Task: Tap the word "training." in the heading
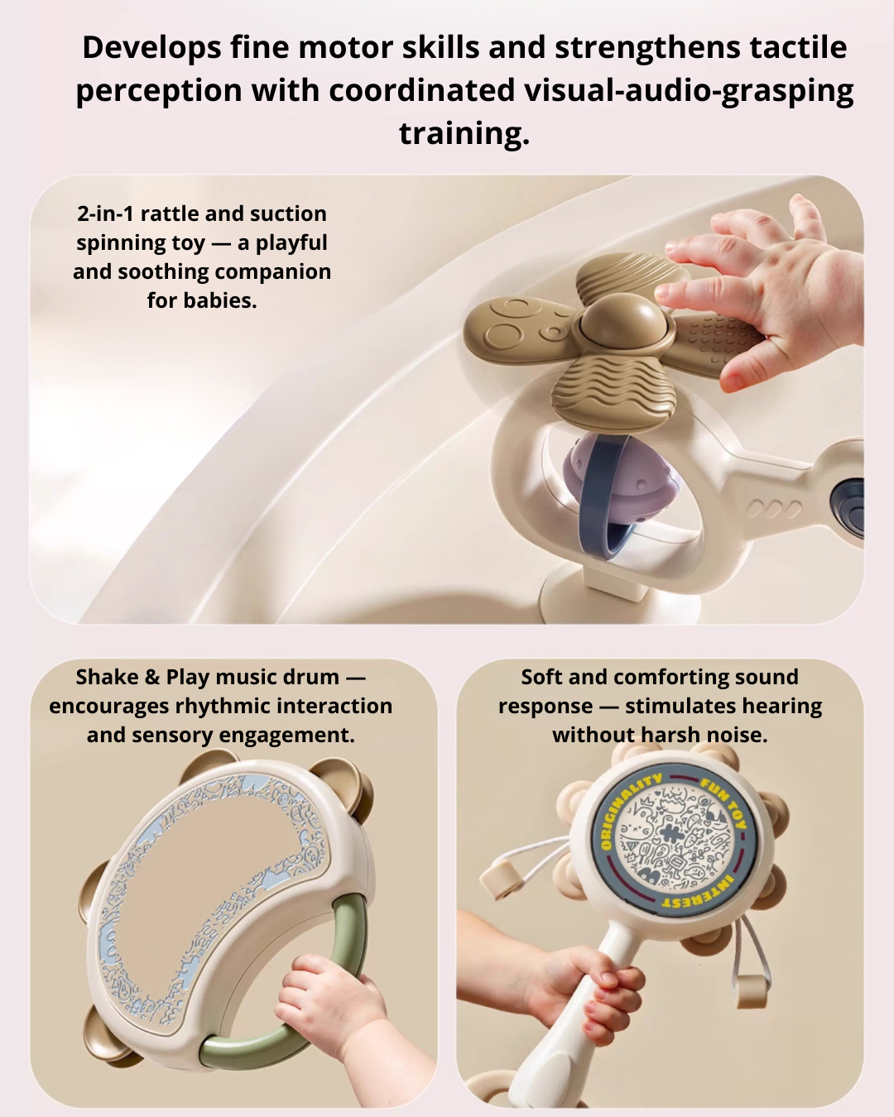coord(464,132)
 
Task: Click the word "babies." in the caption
coord(202,300)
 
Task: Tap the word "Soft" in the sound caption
coord(541,677)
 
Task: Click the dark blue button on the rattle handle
coord(849,501)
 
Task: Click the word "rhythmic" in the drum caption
coord(224,706)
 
